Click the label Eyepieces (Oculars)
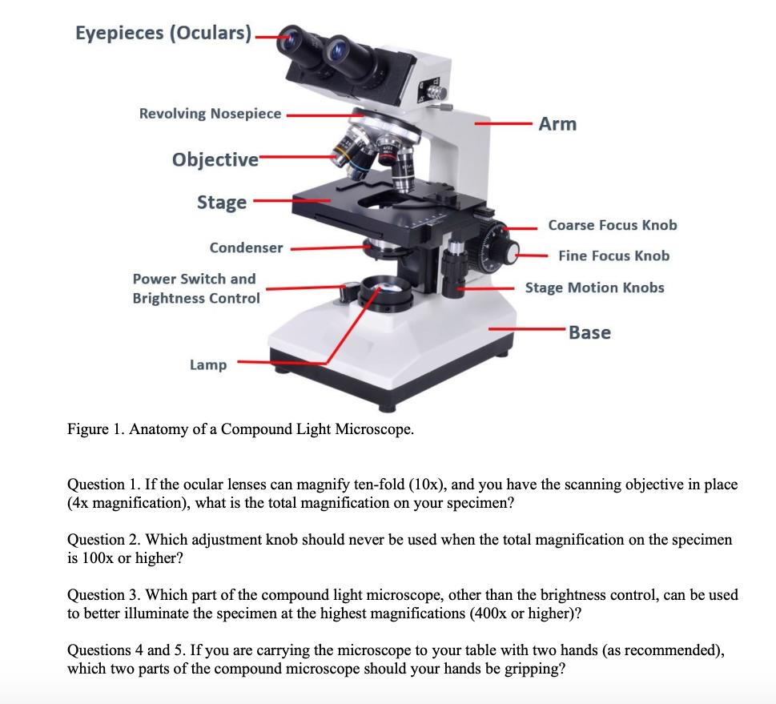pyautogui.click(x=163, y=33)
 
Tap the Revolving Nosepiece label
pyautogui.click(x=211, y=114)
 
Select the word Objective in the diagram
pyautogui.click(x=215, y=159)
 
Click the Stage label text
pyautogui.click(x=222, y=202)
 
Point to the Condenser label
pyautogui.click(x=246, y=248)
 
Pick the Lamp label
pyautogui.click(x=208, y=365)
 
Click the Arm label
pyautogui.click(x=557, y=124)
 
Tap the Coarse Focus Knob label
pyautogui.click(x=613, y=225)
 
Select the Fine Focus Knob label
pyautogui.click(x=614, y=256)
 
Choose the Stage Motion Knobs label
pyautogui.click(x=594, y=288)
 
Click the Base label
pyautogui.click(x=589, y=332)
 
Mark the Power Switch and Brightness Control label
pyautogui.click(x=195, y=288)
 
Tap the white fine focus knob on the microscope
pyautogui.click(x=509, y=253)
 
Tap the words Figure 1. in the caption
pyautogui.click(x=97, y=429)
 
